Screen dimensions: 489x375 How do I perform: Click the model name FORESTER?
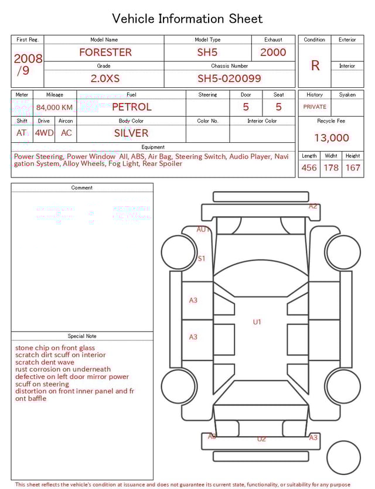[x=105, y=52]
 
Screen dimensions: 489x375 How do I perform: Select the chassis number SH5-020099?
[x=229, y=78]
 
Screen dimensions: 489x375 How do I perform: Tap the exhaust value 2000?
[x=273, y=52]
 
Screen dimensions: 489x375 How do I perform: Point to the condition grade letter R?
[x=315, y=66]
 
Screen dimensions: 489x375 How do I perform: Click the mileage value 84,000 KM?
[x=54, y=107]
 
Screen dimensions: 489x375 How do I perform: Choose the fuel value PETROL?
[x=131, y=107]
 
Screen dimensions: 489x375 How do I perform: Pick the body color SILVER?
[x=131, y=133]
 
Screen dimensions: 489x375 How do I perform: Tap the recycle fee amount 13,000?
[x=331, y=138]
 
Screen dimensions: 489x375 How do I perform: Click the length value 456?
[x=309, y=167]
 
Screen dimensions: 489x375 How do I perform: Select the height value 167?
[x=353, y=167]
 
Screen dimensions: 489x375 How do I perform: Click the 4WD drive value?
[x=44, y=133]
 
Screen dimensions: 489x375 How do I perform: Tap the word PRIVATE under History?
[x=315, y=107]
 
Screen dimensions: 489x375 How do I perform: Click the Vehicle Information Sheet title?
[x=187, y=19]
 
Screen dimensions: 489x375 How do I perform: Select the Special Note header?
[x=82, y=336]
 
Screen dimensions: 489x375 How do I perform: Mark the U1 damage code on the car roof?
[x=257, y=322]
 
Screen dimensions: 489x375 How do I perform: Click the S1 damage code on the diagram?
[x=202, y=258]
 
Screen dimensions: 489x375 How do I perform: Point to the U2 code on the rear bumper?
[x=261, y=439]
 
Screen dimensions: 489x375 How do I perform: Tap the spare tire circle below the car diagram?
[x=343, y=457]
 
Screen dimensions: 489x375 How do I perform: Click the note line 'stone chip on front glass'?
[x=55, y=348]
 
